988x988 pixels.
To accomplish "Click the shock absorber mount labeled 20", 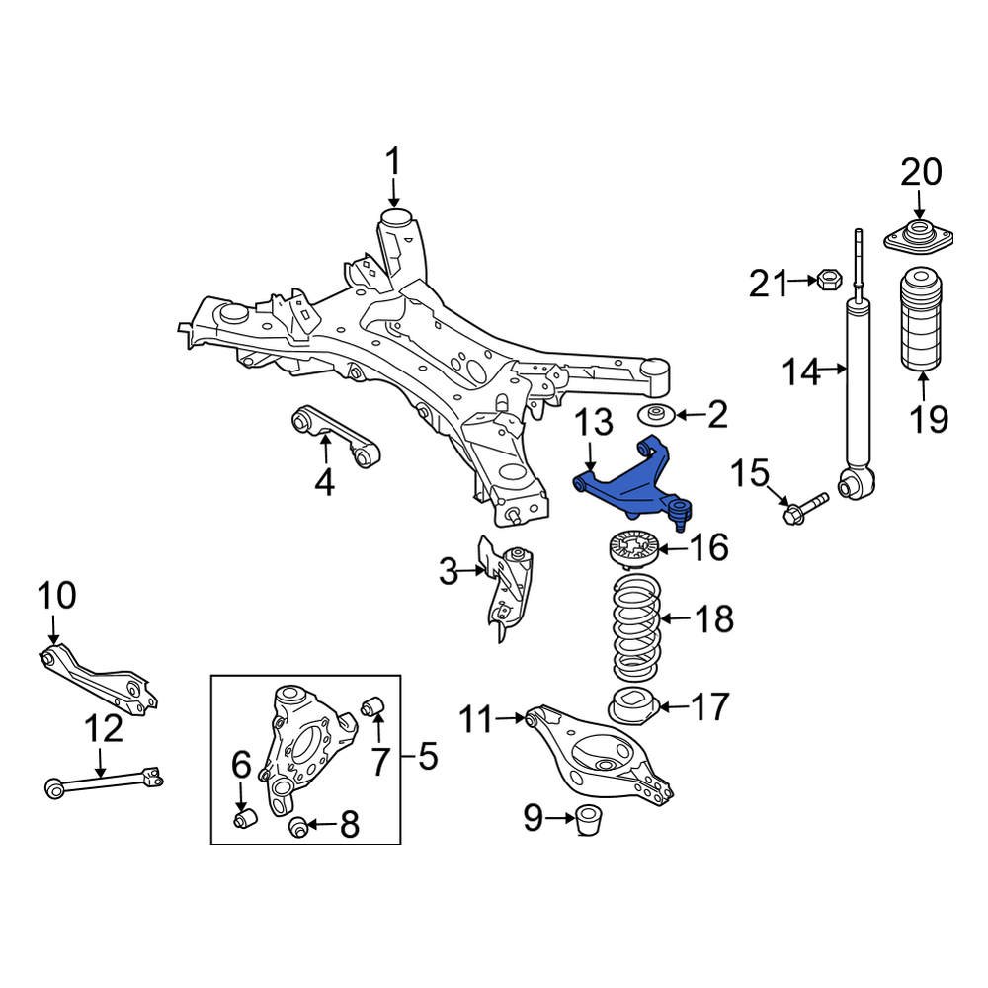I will (x=919, y=241).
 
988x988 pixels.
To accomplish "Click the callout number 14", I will (x=801, y=372).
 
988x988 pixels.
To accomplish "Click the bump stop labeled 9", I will (x=589, y=819).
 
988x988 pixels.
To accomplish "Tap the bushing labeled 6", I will (x=244, y=819).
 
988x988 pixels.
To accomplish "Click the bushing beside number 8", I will (x=299, y=825).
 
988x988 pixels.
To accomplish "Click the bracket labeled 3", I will (x=508, y=589).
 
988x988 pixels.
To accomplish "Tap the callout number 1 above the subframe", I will (x=393, y=161).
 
